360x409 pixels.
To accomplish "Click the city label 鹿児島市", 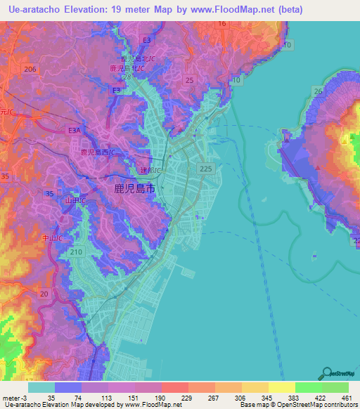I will point(134,188).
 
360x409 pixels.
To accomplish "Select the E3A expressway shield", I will point(75,130).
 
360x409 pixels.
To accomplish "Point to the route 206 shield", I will point(30,69).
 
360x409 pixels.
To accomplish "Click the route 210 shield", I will point(77,252).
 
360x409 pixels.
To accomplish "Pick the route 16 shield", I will point(221,24).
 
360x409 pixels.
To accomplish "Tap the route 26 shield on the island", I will point(318,91).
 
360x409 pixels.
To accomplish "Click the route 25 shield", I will point(189,81).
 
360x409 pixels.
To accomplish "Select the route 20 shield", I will point(45,294).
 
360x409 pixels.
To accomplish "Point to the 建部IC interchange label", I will point(150,171).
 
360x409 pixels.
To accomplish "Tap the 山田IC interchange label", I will point(75,201).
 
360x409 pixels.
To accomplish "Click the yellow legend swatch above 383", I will point(281,387).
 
